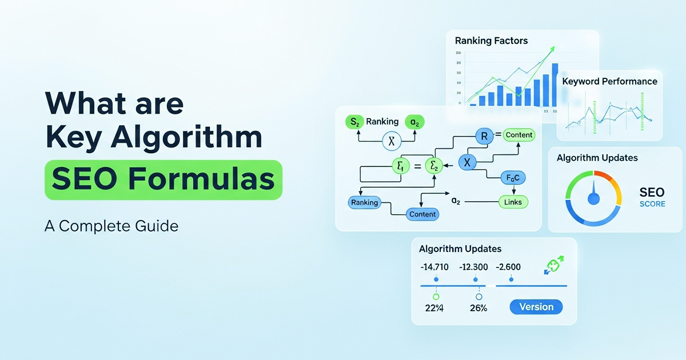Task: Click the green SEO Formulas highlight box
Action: point(163,180)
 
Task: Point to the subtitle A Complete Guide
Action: point(111,226)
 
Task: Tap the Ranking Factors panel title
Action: point(491,41)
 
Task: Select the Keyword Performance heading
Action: point(609,81)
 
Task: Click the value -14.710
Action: point(434,267)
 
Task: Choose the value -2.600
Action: point(508,267)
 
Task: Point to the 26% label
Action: point(478,308)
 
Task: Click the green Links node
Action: point(513,202)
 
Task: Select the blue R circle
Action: point(484,135)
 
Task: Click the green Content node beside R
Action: point(519,135)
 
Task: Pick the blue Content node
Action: point(422,214)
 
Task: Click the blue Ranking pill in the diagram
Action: point(364,202)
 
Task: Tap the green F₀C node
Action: point(513,177)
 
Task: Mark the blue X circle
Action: point(467,162)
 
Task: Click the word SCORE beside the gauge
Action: point(652,204)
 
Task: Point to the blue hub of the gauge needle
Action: point(593,198)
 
